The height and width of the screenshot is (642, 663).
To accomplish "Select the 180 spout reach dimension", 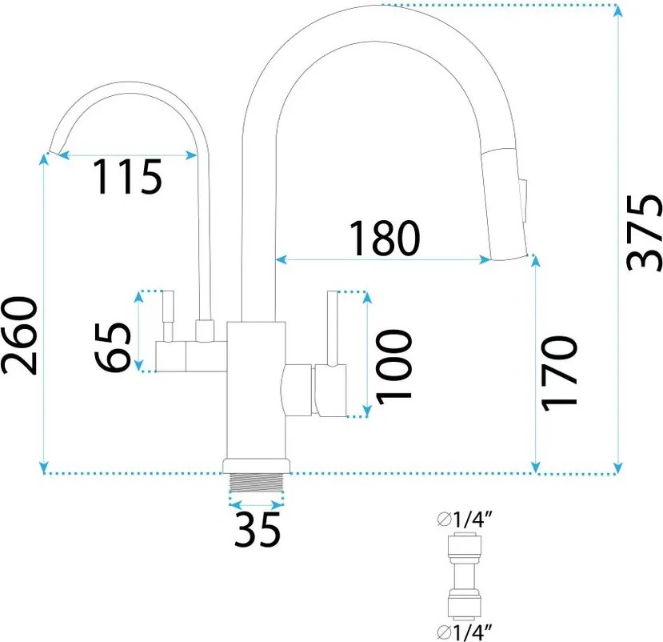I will pos(383,237).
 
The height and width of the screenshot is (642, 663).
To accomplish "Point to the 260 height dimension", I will pos(20,336).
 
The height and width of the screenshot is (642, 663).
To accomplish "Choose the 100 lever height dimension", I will pos(393,365).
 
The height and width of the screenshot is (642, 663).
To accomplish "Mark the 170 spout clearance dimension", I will pos(559,372).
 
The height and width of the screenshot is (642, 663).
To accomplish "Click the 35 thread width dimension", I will pos(258,529).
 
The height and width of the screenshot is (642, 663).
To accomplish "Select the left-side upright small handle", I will pos(168,316).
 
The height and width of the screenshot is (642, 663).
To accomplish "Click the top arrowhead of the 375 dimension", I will pos(618,10).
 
